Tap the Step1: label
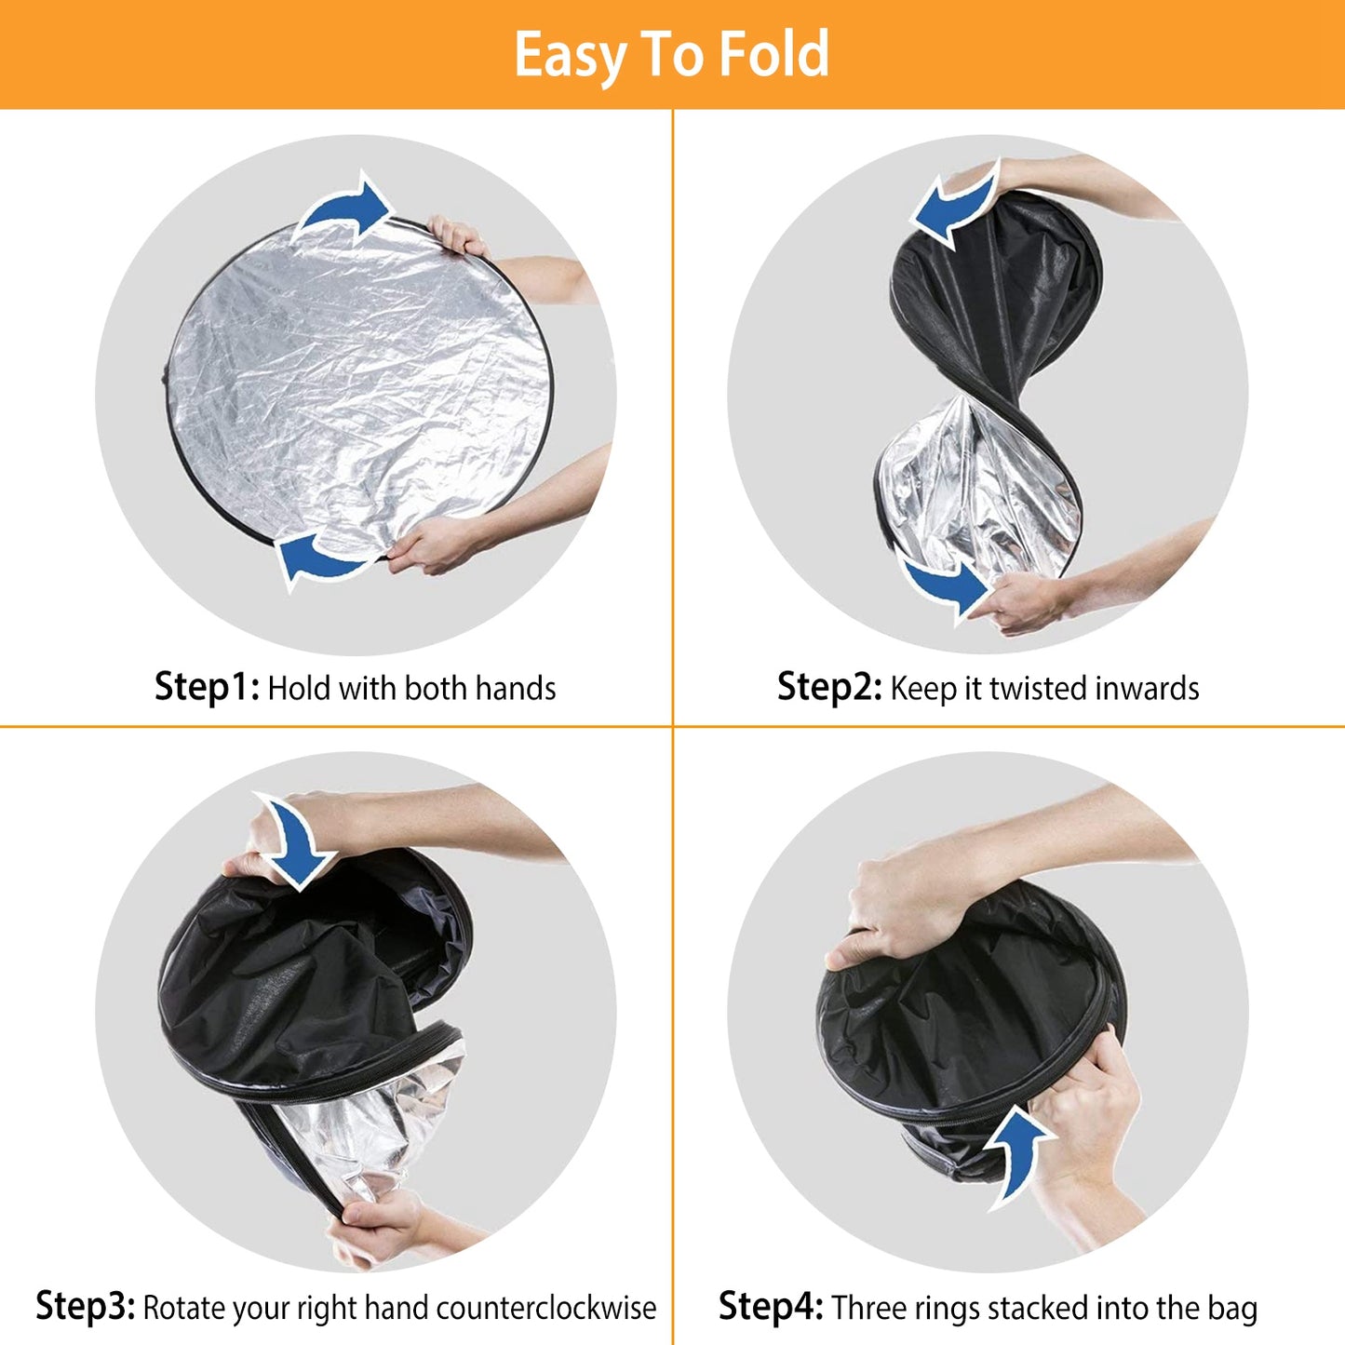click(x=207, y=687)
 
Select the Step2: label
click(x=828, y=687)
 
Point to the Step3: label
click(x=86, y=1306)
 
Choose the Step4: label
click(x=770, y=1306)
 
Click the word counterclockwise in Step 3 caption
click(x=546, y=1308)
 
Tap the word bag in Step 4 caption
click(x=1232, y=1308)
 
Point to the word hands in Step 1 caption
click(x=515, y=689)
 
